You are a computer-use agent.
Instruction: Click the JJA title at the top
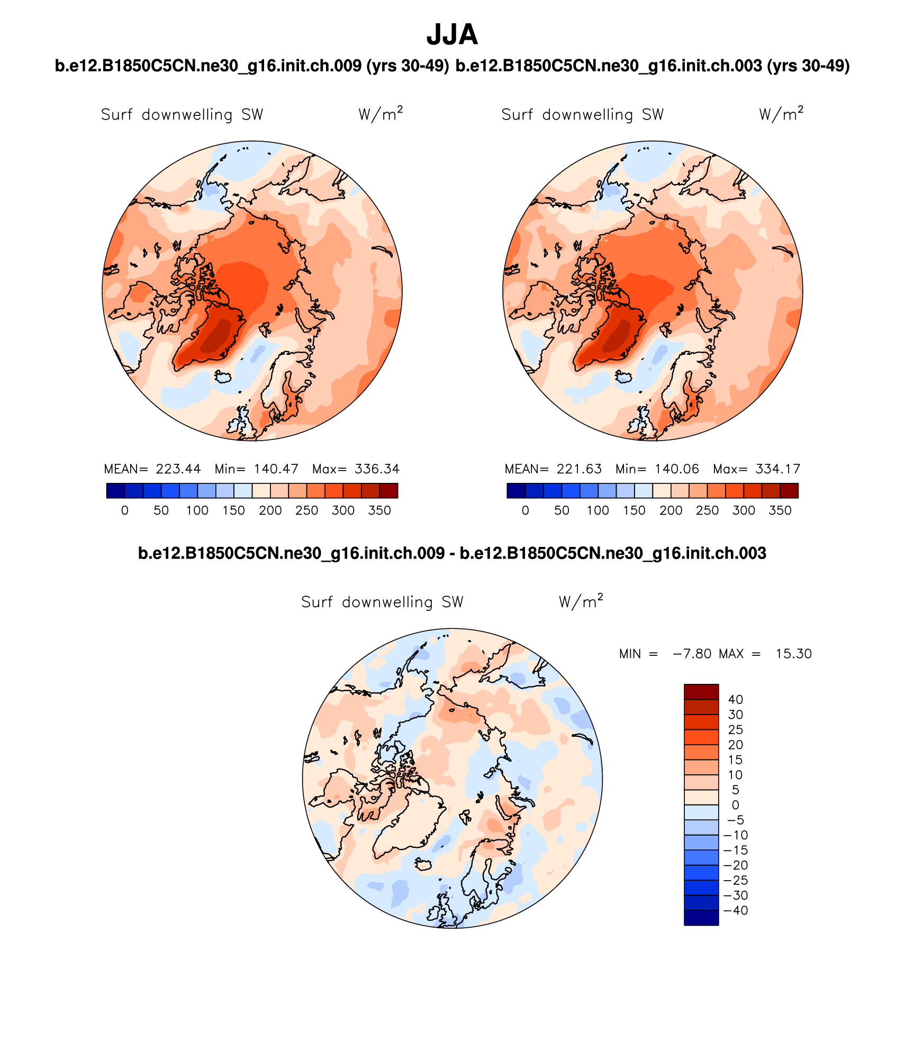(452, 35)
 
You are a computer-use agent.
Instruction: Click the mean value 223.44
(178, 469)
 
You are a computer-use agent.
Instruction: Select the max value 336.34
(377, 469)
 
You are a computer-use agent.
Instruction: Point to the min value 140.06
(676, 469)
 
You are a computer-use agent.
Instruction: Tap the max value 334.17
(777, 469)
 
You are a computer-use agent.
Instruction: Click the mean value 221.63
(579, 469)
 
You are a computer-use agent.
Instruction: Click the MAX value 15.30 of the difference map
(793, 654)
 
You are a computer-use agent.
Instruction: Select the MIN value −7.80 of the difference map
(692, 654)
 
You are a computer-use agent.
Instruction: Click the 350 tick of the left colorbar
(379, 511)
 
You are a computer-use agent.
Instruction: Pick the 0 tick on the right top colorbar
(525, 511)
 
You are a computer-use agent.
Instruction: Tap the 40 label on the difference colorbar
(736, 700)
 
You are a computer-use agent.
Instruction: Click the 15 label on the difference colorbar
(736, 760)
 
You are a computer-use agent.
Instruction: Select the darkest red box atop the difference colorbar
(701, 692)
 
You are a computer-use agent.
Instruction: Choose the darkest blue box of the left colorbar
(115, 491)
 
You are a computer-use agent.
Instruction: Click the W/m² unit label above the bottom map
(581, 601)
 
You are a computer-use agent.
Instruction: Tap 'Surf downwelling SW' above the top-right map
(582, 115)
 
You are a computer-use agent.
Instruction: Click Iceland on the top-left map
(223, 377)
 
